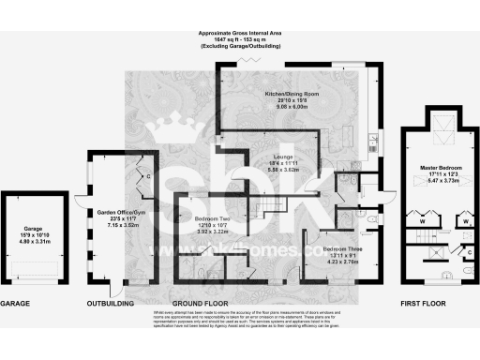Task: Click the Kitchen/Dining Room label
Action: (292, 94)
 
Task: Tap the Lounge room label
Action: (283, 156)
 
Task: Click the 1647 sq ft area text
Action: (239, 41)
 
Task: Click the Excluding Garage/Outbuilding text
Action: (239, 48)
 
